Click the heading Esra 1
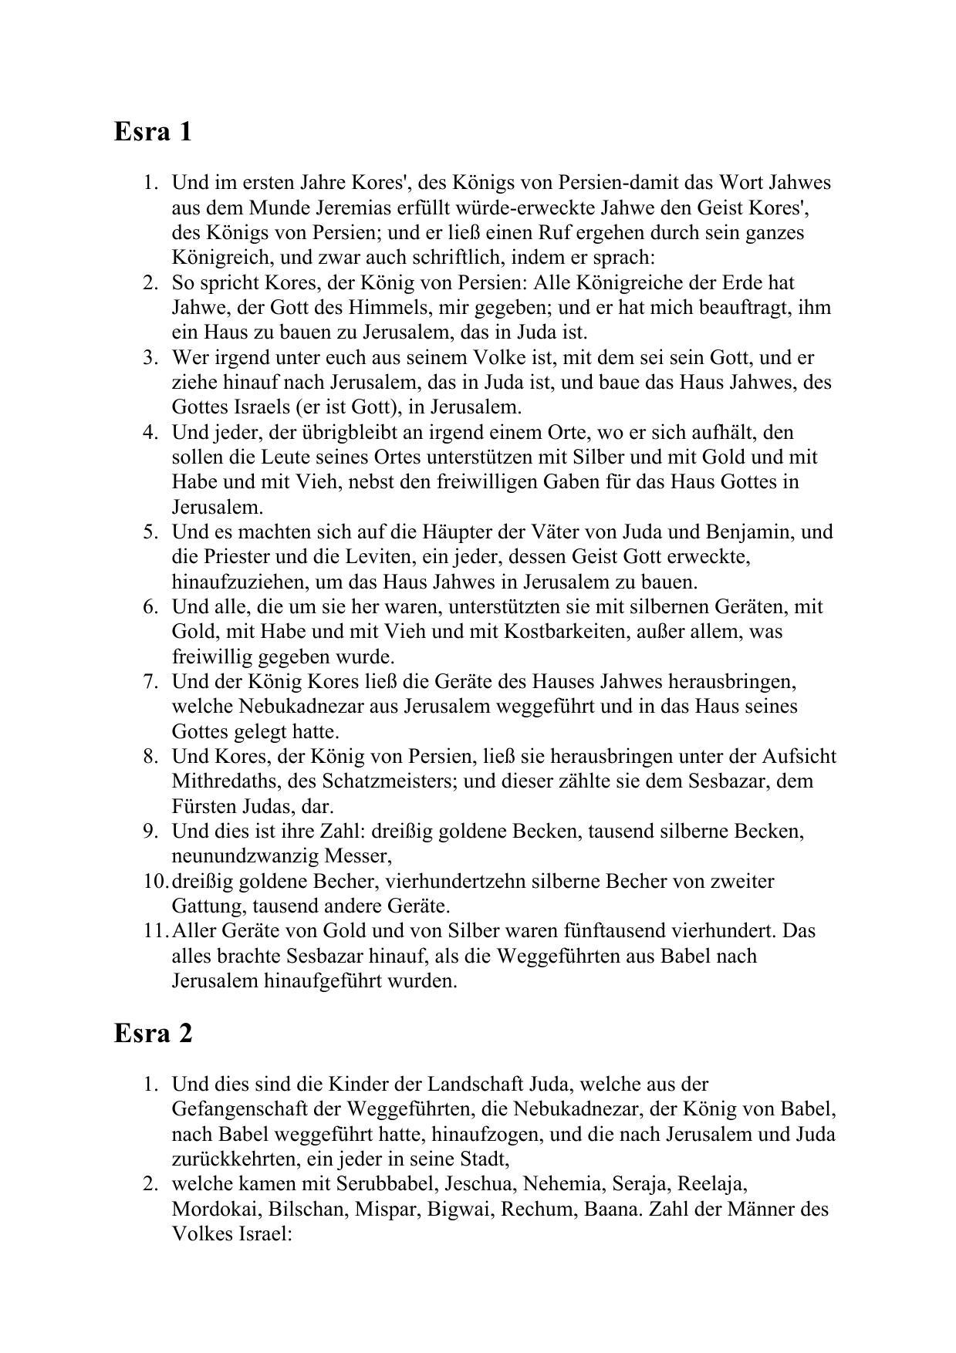point(153,132)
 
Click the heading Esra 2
point(153,1033)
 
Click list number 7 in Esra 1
point(150,681)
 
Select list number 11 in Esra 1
point(154,930)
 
